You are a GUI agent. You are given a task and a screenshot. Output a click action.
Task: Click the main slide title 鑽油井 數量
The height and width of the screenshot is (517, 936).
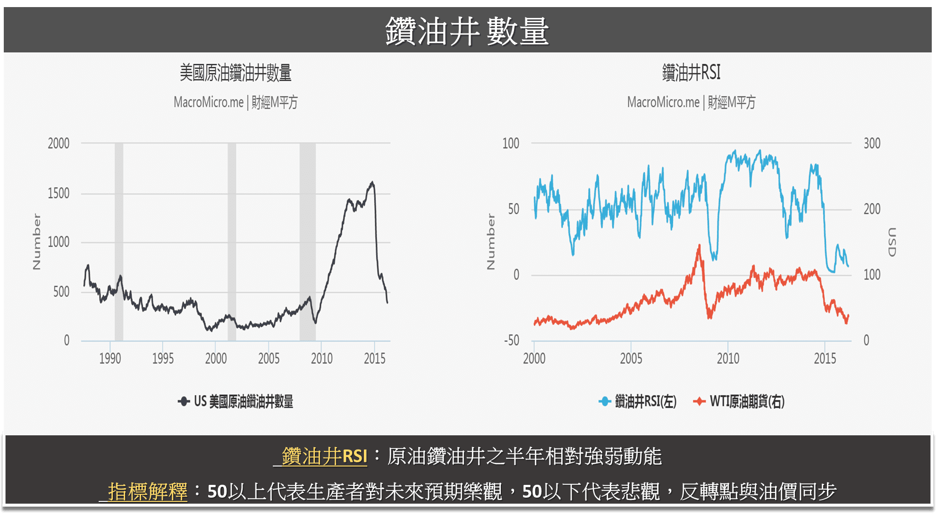467,32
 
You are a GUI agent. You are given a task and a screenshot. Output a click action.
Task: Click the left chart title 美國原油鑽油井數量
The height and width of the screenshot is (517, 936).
235,73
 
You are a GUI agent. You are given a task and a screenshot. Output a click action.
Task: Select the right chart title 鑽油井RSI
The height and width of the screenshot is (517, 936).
691,73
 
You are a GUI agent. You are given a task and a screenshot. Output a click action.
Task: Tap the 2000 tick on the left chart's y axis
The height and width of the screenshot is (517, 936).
59,144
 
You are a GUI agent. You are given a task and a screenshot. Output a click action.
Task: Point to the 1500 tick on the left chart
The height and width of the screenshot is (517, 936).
59,194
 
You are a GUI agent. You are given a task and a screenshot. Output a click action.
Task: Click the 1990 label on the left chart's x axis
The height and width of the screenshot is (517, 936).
110,359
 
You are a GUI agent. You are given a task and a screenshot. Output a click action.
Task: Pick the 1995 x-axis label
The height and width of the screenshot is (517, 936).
163,359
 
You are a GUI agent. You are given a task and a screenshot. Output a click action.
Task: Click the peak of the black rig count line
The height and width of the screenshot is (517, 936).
372,182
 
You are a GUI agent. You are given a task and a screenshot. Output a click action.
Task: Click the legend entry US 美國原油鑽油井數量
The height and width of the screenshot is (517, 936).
236,402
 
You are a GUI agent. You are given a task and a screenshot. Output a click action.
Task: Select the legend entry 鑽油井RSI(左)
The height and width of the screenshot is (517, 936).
638,402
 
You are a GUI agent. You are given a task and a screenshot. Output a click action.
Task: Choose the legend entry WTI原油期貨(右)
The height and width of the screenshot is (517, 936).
739,402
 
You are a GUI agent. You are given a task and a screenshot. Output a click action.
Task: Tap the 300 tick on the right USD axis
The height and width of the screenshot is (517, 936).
872,144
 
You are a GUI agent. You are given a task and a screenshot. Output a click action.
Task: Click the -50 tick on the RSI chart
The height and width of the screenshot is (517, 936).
511,340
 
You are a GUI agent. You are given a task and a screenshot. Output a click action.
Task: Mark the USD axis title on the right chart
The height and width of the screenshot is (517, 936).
891,242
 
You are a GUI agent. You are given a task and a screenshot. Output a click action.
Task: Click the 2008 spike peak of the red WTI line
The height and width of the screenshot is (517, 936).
699,246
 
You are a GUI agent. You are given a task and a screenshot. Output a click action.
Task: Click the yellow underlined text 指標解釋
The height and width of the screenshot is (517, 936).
147,492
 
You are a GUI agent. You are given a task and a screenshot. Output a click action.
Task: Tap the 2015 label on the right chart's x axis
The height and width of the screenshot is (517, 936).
825,359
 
